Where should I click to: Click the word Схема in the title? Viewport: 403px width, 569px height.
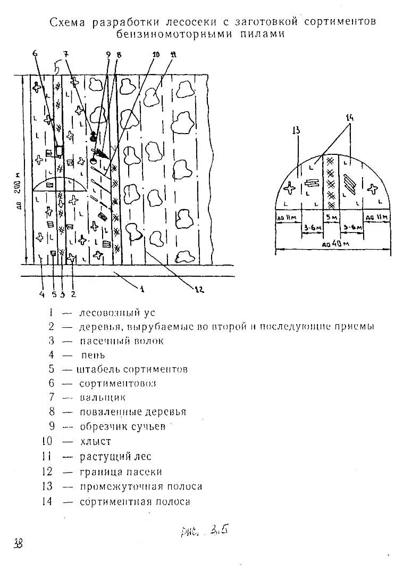click(x=69, y=22)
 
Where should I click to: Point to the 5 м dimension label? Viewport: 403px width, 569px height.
click(x=331, y=218)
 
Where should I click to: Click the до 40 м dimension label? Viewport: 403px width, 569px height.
click(x=332, y=244)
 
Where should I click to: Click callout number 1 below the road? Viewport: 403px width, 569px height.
click(x=141, y=288)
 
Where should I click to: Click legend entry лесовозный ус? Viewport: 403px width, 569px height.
click(x=117, y=312)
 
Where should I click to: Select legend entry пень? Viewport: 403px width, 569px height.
click(x=93, y=354)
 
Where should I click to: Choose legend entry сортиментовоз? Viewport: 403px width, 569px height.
click(x=117, y=383)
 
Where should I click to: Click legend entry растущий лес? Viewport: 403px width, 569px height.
click(x=115, y=456)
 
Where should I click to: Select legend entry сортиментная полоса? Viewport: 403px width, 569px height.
click(x=135, y=501)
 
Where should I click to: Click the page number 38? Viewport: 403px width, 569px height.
click(x=18, y=543)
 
